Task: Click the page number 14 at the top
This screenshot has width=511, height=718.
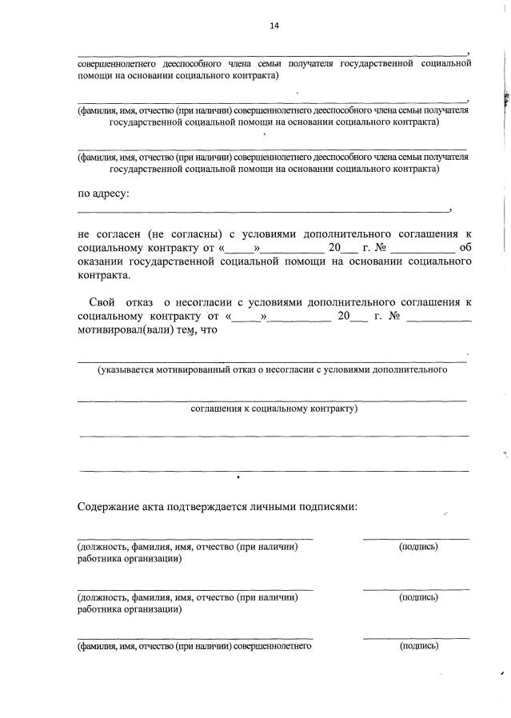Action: [x=273, y=26]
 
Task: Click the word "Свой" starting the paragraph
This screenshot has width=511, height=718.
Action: [x=101, y=302]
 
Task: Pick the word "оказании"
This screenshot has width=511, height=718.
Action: [x=102, y=261]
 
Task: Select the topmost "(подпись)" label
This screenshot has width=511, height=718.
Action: [x=418, y=547]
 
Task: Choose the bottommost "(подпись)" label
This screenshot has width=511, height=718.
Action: [x=418, y=646]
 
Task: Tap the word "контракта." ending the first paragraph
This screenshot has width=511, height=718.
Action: [x=103, y=275]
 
